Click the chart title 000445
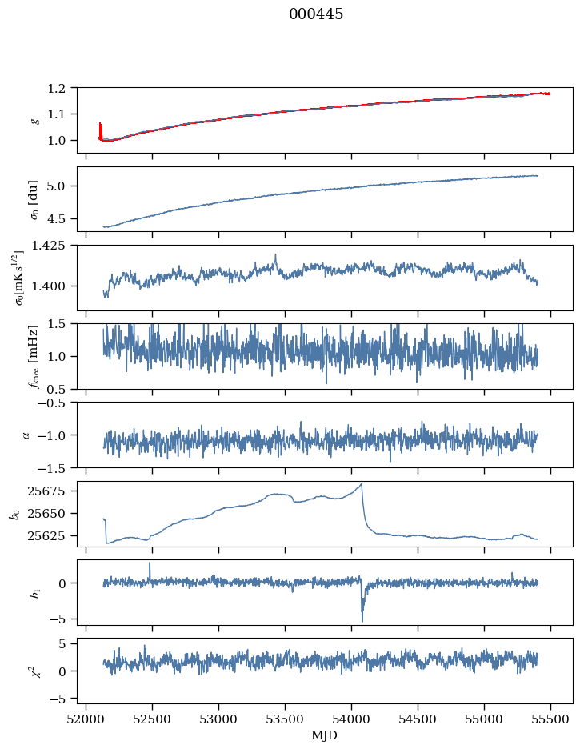click(316, 14)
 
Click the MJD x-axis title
click(325, 735)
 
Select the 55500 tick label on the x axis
click(550, 718)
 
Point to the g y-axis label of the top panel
click(34, 120)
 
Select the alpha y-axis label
click(26, 435)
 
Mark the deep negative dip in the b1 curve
click(362, 621)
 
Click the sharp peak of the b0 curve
click(362, 484)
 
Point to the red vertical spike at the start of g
click(100, 128)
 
